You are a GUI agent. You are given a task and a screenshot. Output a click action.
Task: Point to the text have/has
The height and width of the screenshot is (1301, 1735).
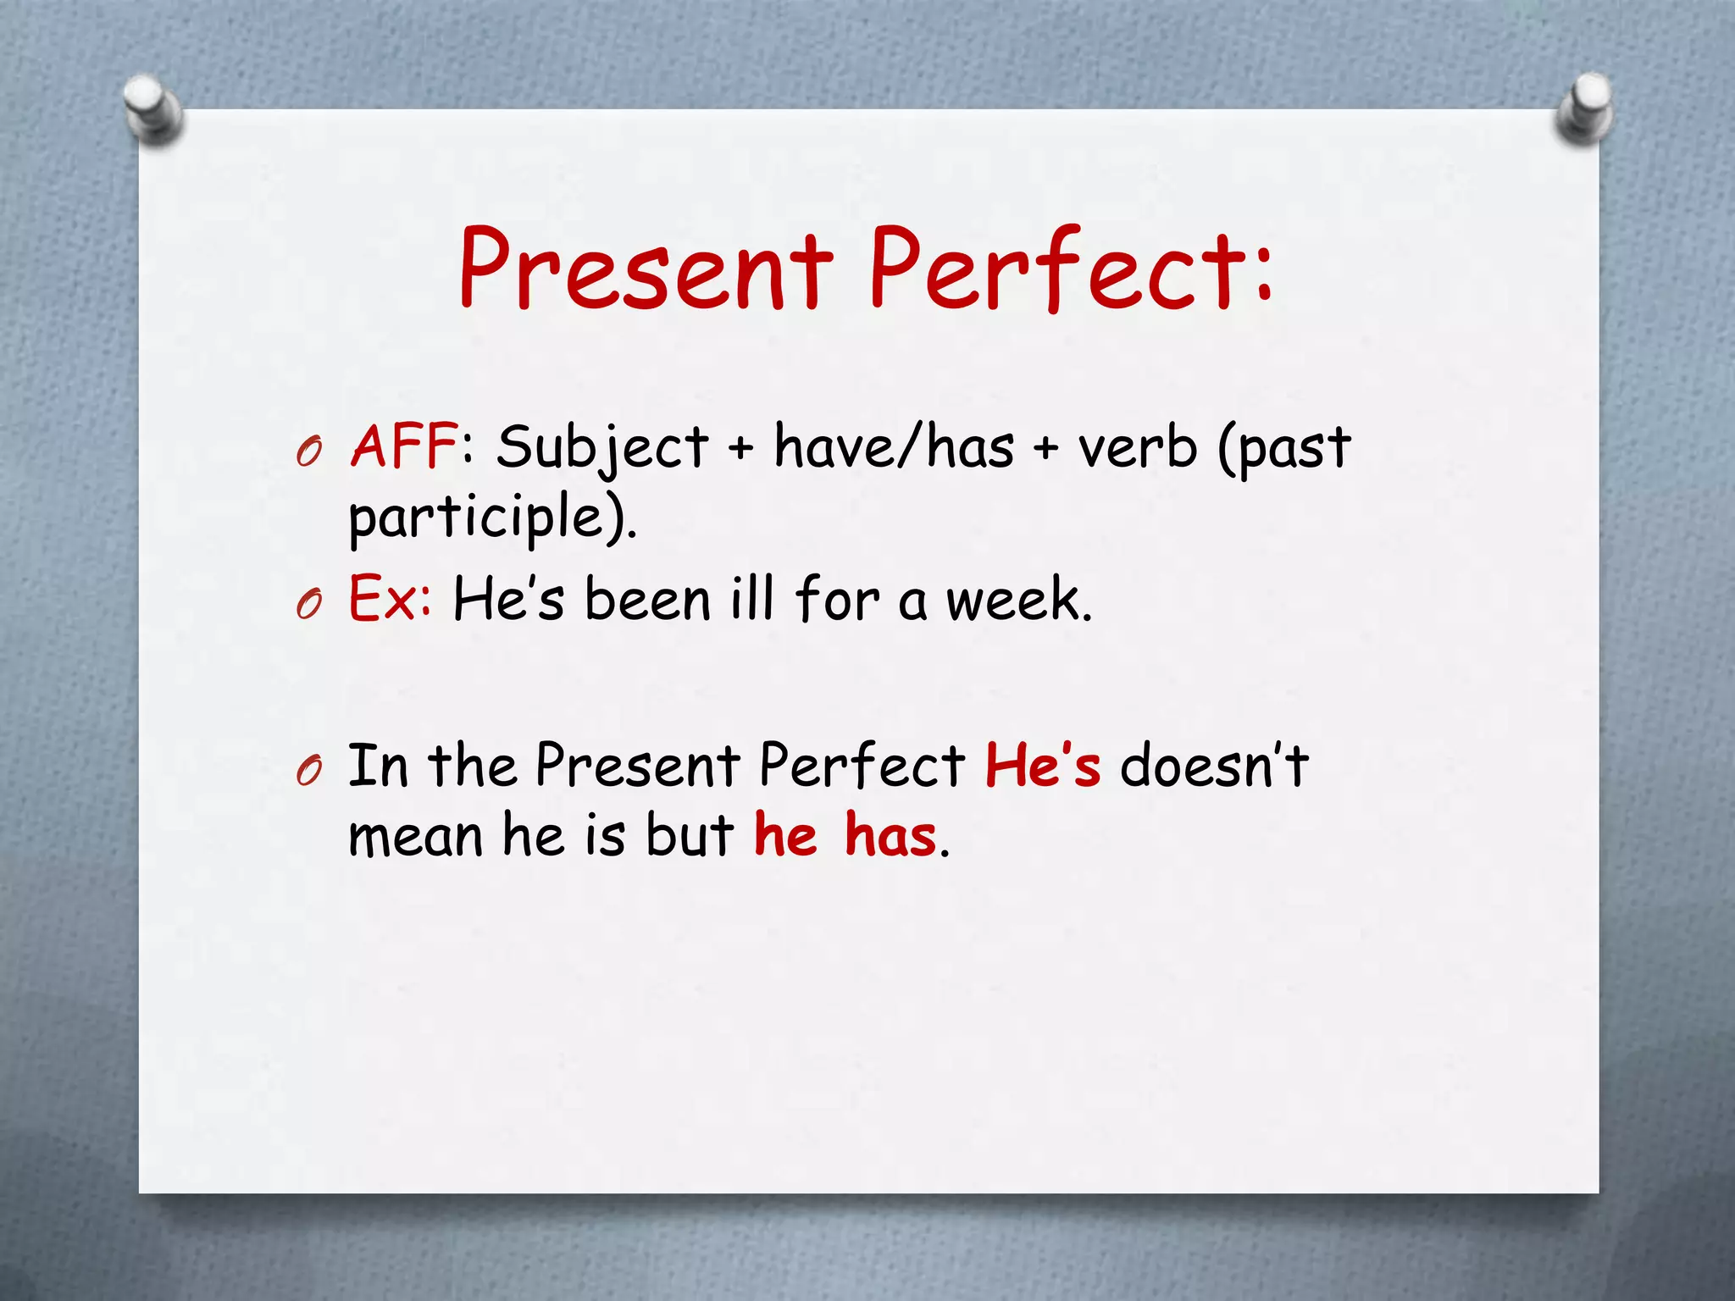(x=894, y=446)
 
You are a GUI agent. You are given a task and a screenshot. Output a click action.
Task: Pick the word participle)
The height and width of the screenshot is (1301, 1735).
(x=492, y=518)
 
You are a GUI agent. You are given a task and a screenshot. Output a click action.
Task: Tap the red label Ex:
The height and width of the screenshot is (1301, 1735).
(x=391, y=599)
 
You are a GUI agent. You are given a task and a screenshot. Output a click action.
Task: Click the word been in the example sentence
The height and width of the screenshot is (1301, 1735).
(x=647, y=599)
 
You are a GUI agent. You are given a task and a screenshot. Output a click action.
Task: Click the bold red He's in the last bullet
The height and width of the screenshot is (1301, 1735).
(x=1043, y=765)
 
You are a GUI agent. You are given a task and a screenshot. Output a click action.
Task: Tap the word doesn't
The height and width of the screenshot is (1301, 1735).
(x=1214, y=765)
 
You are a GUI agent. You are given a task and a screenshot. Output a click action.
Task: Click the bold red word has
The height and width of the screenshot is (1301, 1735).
(x=890, y=836)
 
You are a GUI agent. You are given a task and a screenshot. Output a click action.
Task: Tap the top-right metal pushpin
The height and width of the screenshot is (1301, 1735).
(x=1585, y=109)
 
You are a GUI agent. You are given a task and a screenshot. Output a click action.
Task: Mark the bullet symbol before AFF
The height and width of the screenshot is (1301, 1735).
(x=309, y=455)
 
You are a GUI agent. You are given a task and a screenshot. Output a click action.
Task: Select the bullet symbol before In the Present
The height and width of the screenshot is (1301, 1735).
(x=309, y=772)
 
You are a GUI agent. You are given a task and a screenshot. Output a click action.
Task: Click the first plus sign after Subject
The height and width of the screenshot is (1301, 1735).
(x=740, y=447)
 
